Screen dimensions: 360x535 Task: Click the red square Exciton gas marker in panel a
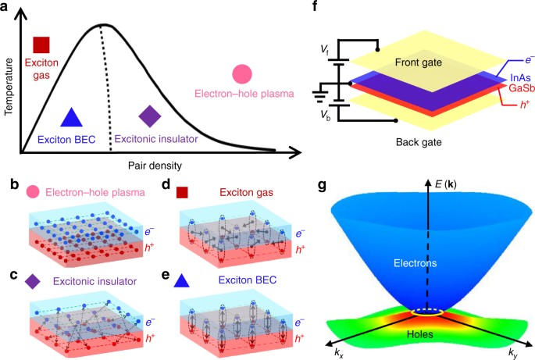pos(41,45)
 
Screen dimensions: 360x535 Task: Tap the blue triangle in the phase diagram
pos(71,117)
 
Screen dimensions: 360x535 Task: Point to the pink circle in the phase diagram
pos(242,74)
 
